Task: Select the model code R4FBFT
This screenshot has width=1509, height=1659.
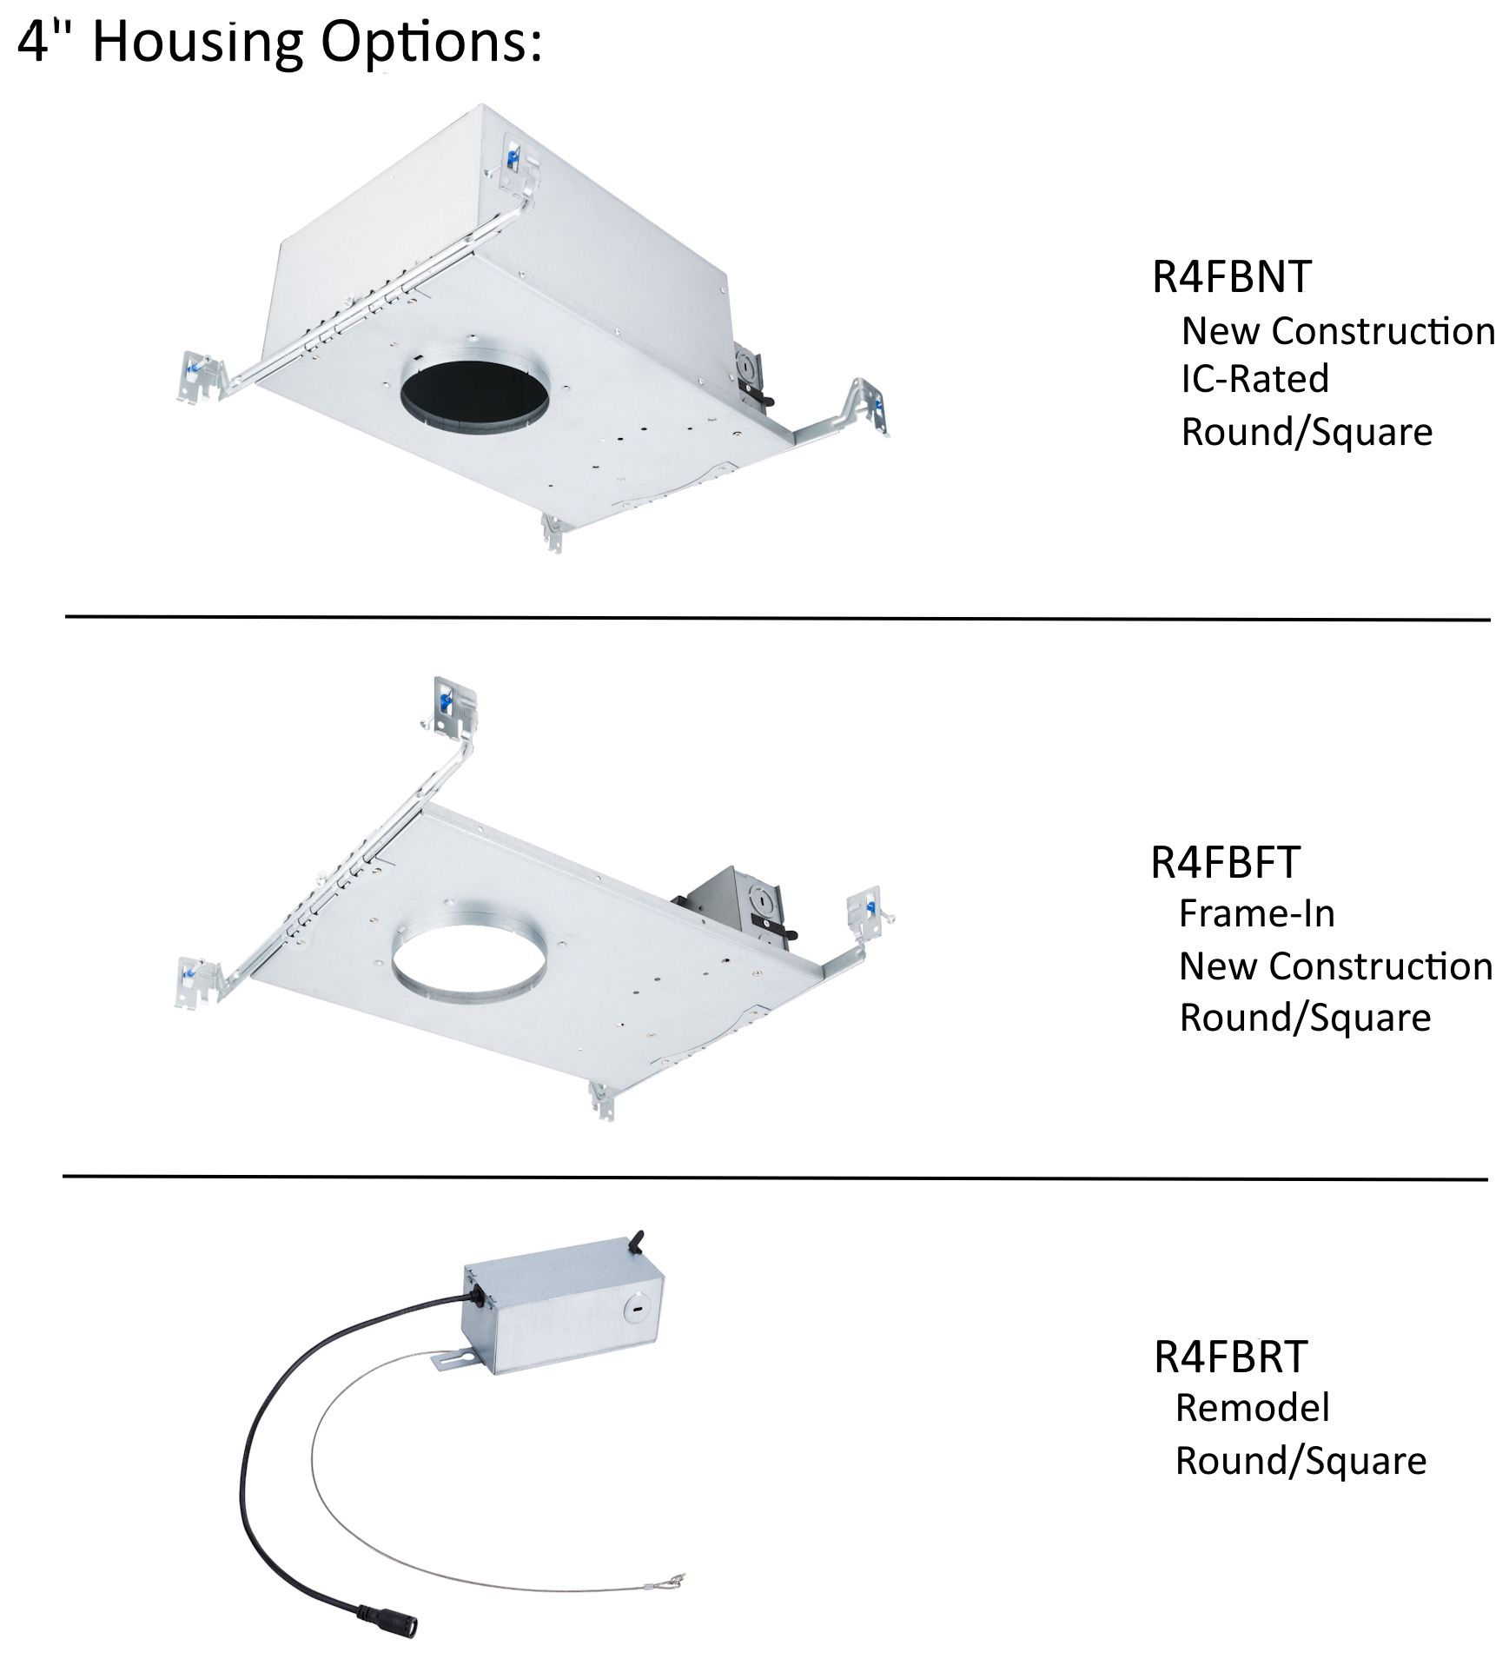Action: click(x=1225, y=863)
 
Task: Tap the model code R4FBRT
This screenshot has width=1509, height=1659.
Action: click(x=1230, y=1357)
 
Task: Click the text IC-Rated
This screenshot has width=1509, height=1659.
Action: click(x=1254, y=380)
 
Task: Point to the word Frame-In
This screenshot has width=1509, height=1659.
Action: click(x=1256, y=914)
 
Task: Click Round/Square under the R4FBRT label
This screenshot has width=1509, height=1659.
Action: click(x=1301, y=1461)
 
